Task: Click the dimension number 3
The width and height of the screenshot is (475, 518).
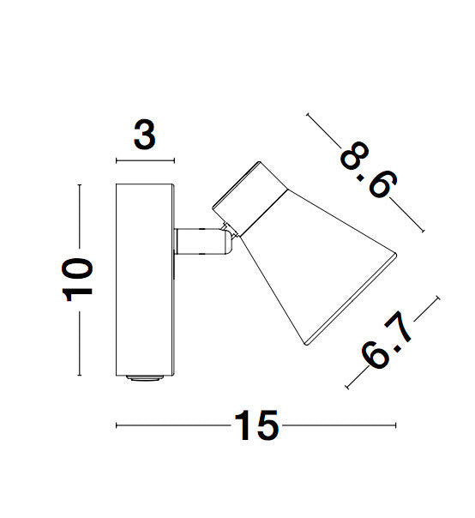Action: [145, 135]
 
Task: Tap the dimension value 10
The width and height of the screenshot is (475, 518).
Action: [77, 280]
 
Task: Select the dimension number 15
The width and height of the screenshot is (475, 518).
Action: [256, 425]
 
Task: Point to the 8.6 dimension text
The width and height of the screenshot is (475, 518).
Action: [369, 170]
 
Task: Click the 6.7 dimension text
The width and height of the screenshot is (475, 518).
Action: [386, 340]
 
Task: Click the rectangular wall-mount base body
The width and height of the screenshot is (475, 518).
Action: [145, 280]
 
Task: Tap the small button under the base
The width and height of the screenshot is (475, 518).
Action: [145, 378]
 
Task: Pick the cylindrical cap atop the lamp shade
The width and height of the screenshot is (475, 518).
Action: [250, 199]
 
